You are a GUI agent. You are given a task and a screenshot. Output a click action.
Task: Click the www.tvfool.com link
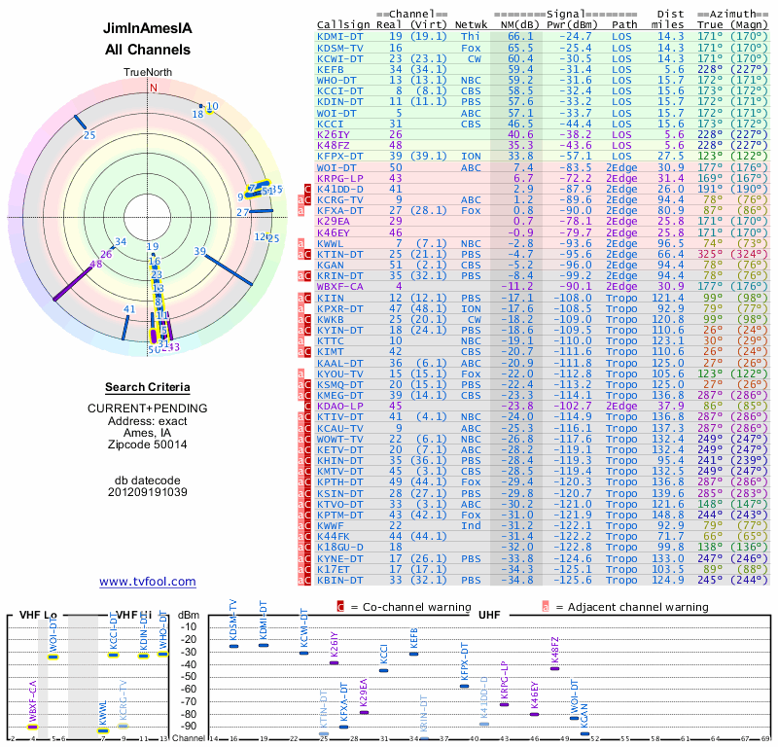147,582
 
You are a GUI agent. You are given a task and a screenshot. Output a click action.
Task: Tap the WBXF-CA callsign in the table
340,287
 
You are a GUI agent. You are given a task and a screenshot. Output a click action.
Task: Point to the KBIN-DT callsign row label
340,580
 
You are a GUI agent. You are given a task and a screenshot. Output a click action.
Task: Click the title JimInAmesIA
147,29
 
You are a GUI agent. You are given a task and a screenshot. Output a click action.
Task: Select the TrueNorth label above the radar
147,73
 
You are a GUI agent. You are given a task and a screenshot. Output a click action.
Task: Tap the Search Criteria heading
147,387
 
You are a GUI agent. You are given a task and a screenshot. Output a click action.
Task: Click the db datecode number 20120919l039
147,492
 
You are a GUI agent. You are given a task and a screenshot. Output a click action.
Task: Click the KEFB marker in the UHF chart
413,654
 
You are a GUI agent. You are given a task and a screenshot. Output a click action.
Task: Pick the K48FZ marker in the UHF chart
554,667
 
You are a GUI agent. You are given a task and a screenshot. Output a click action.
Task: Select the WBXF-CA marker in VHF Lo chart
32,726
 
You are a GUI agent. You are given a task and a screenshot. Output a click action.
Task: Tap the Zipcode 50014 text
147,444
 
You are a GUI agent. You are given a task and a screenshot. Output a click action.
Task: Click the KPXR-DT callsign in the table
340,308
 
